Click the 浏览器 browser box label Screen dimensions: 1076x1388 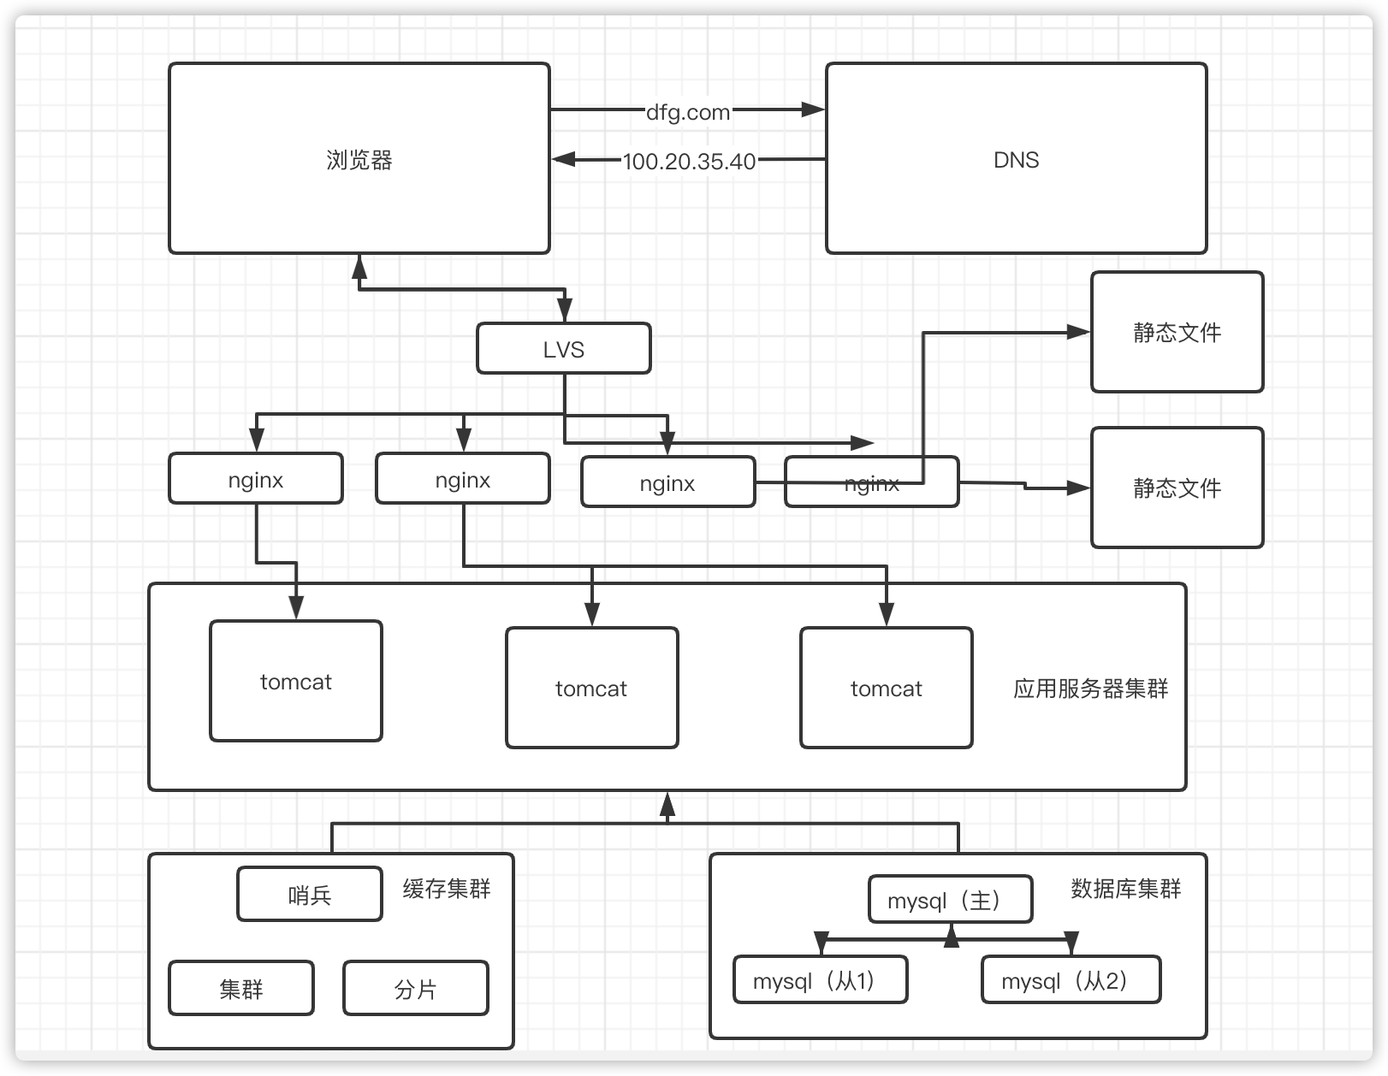[359, 160]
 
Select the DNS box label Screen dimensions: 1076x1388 [1016, 160]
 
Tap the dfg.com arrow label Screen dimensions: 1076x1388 [687, 112]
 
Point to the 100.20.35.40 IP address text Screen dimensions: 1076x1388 [689, 162]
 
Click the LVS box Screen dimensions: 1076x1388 [563, 349]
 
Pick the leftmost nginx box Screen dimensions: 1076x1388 [256, 480]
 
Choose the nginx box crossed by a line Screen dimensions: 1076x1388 [871, 483]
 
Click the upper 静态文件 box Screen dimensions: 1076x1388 [1177, 333]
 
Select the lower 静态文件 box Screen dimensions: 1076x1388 [1177, 488]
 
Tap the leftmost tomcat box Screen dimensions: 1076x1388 [295, 682]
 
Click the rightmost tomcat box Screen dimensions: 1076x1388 [886, 689]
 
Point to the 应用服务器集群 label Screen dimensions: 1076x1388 [1090, 689]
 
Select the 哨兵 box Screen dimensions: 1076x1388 [309, 895]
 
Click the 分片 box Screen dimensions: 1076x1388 [415, 989]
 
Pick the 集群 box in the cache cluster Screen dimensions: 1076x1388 [240, 989]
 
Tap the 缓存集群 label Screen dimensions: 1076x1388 [446, 889]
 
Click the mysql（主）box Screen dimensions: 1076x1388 [950, 900]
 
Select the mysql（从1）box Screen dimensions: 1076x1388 [820, 980]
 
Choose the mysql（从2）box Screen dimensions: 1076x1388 [1070, 980]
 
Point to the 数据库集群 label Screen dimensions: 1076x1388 [1125, 889]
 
